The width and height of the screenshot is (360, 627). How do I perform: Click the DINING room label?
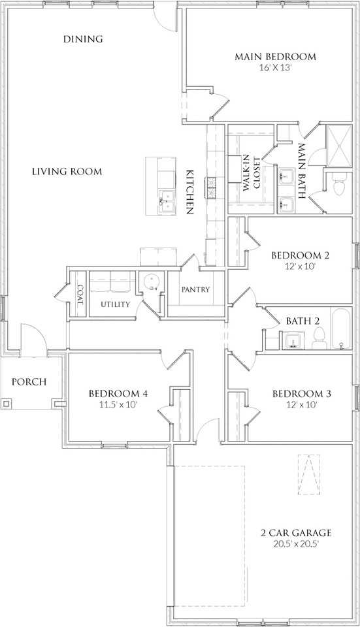[83, 39]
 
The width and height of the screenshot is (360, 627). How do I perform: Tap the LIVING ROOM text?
[67, 172]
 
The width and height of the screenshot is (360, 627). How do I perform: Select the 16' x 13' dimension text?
[275, 67]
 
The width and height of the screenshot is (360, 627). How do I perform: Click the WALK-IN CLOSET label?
[252, 174]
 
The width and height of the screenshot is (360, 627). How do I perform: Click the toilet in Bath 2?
[319, 337]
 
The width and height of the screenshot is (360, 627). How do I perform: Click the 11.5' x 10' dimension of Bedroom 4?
[118, 404]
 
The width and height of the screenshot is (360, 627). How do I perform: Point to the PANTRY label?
[195, 289]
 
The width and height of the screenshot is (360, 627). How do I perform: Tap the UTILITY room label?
[115, 304]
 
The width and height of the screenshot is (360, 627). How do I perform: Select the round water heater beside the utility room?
[152, 282]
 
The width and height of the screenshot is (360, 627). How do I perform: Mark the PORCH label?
[29, 382]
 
